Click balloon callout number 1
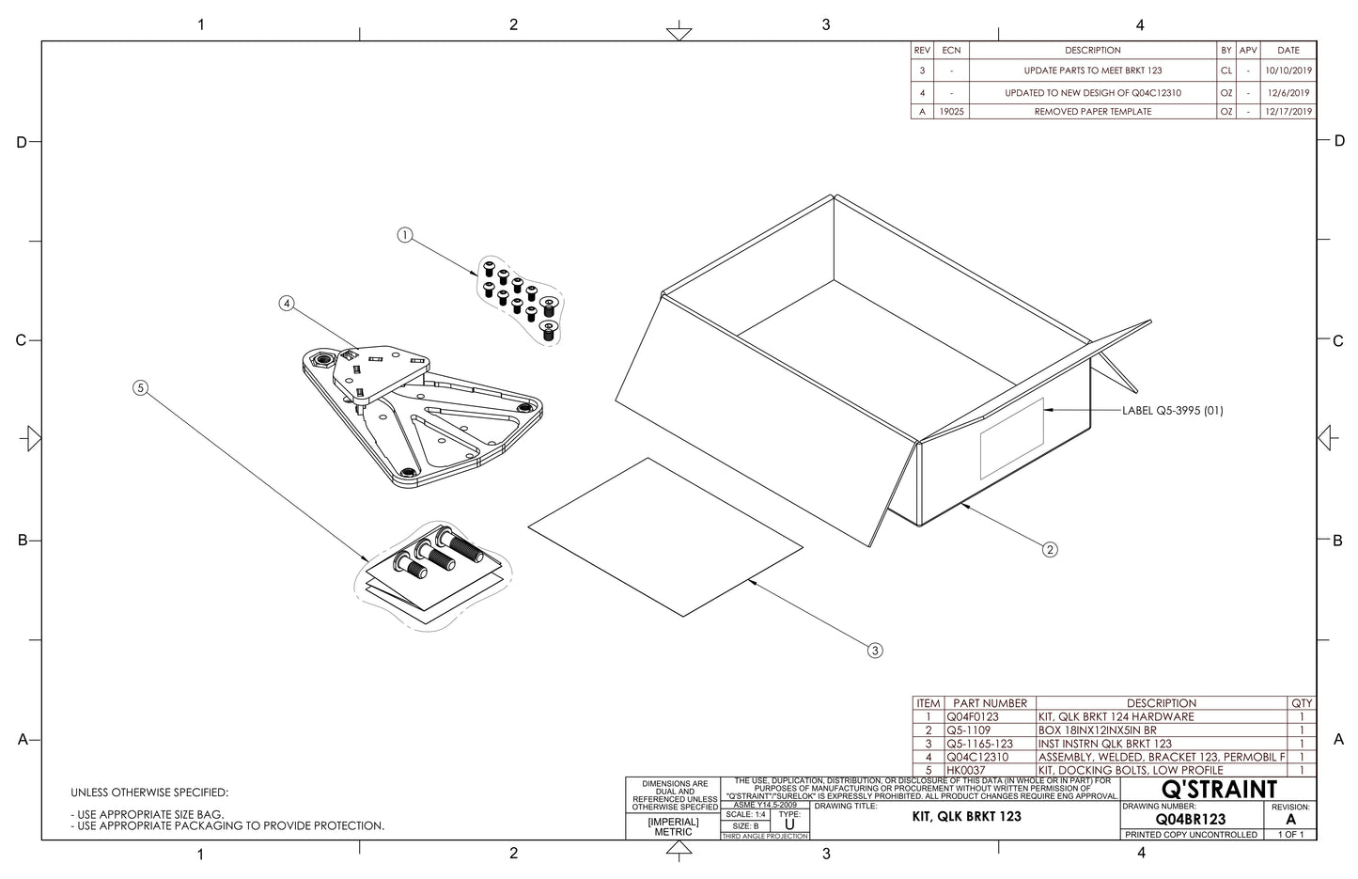point(405,235)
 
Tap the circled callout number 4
point(287,304)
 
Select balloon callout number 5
point(140,387)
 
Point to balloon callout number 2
point(1050,550)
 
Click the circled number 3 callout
point(875,650)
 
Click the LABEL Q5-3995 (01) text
point(1173,411)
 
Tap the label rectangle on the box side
point(1012,437)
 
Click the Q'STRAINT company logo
point(1219,789)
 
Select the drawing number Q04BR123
point(1191,819)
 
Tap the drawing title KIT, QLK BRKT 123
point(967,816)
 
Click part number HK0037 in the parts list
point(966,770)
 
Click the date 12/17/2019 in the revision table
point(1288,111)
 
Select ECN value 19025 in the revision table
point(952,111)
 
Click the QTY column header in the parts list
point(1302,703)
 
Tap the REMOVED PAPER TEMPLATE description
point(1092,111)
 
